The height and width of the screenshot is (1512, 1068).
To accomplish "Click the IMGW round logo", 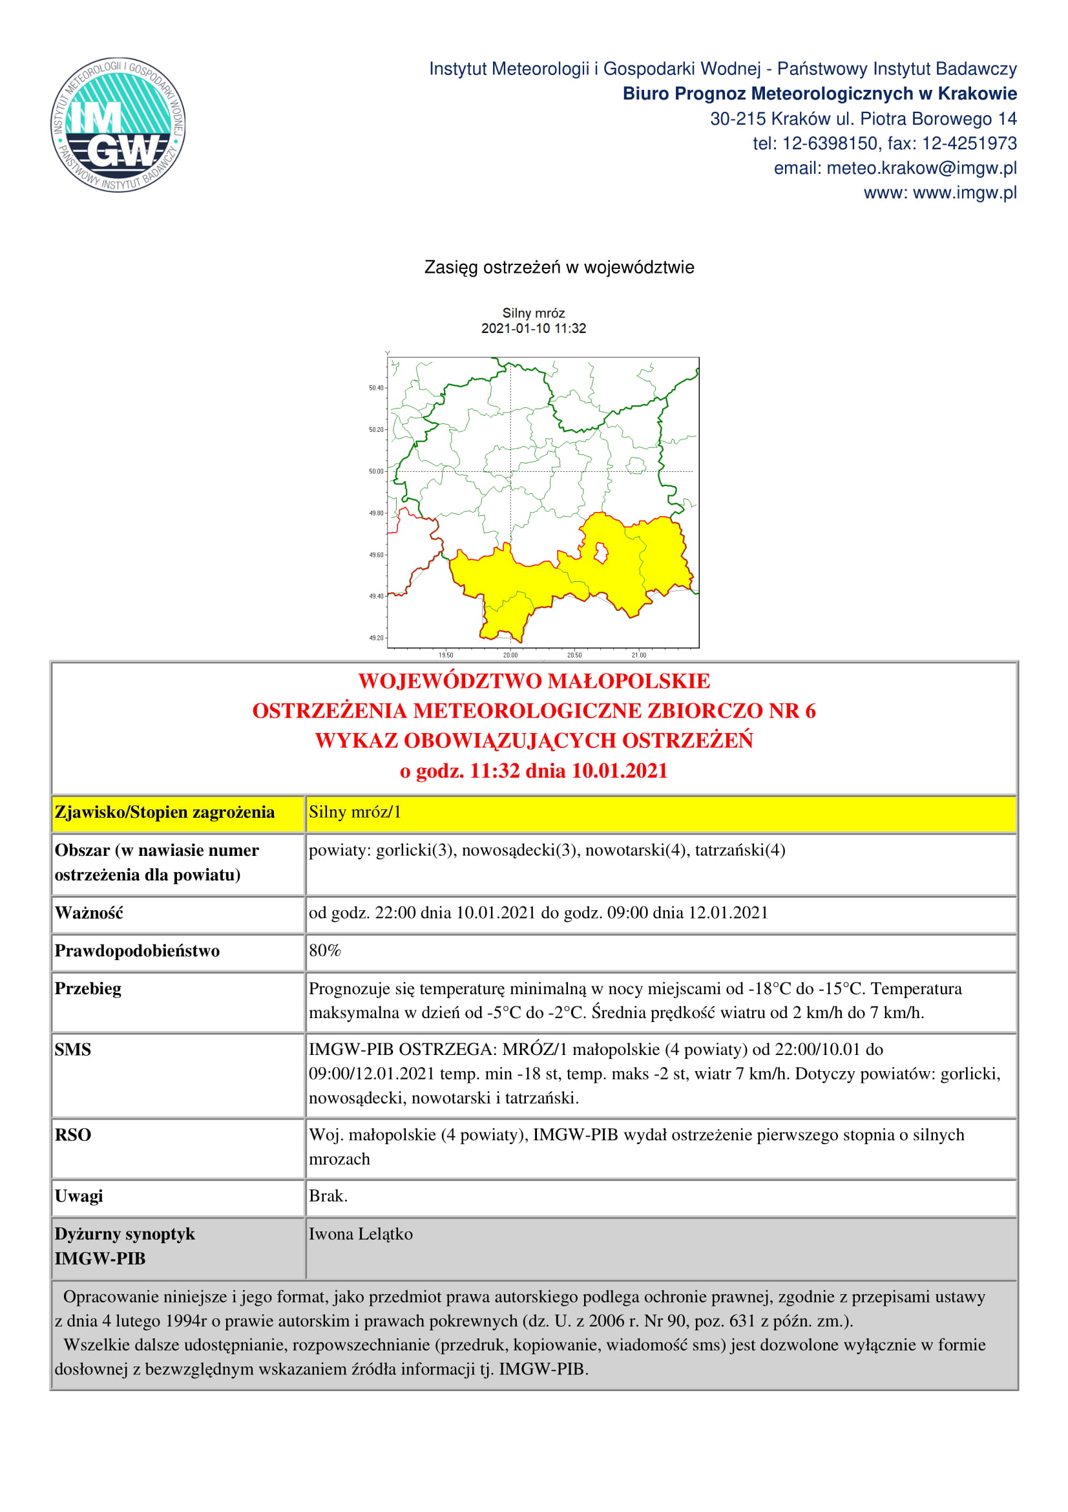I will (x=118, y=125).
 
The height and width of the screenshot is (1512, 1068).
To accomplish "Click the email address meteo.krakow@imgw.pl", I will (x=921, y=168).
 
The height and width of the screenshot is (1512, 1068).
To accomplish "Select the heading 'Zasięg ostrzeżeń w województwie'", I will (x=559, y=268).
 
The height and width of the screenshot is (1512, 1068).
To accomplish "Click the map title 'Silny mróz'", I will (x=533, y=313).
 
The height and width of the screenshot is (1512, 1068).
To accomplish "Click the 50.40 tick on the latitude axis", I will (x=377, y=388).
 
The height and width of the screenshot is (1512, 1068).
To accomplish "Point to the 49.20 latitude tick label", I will (x=377, y=638).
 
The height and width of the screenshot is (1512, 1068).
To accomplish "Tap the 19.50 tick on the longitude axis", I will (x=446, y=655).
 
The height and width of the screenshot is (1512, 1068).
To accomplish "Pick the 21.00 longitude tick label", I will (x=638, y=655).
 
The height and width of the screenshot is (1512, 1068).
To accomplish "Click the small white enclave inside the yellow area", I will (x=601, y=553).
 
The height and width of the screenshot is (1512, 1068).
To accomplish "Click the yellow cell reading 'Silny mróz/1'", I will (x=355, y=812).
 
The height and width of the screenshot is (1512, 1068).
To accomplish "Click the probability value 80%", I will (x=324, y=950).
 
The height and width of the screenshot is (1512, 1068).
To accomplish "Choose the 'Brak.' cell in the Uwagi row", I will (x=328, y=1195).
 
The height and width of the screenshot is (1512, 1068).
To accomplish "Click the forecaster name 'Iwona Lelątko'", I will (x=361, y=1233).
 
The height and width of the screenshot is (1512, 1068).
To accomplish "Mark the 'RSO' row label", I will (x=72, y=1134).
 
